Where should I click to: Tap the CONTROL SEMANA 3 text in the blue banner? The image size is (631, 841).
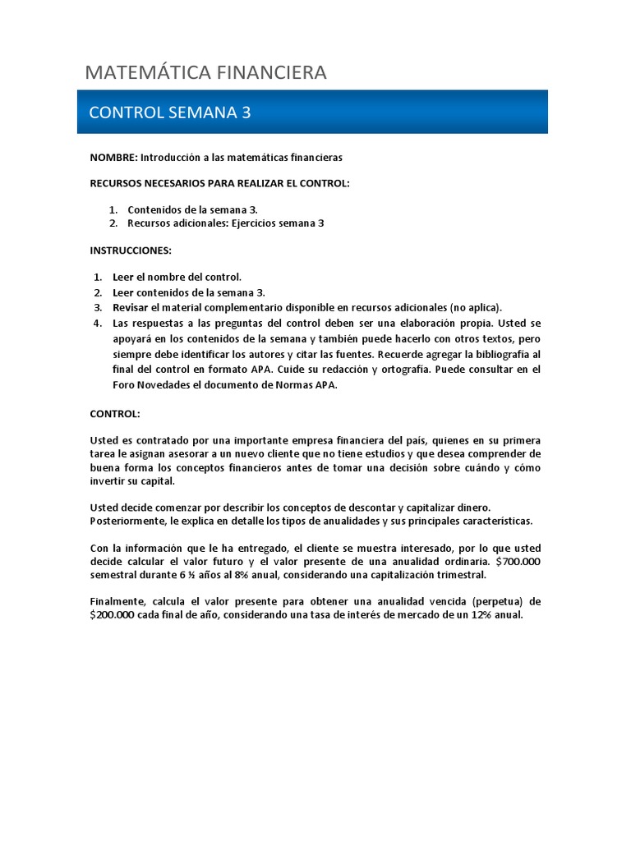170,113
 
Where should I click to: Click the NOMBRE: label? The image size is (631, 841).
113,156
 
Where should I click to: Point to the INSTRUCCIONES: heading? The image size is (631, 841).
131,250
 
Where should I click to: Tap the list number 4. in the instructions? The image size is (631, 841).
97,323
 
